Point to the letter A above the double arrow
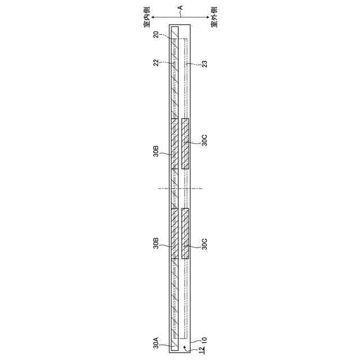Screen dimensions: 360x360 181,7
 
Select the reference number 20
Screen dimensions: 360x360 156,35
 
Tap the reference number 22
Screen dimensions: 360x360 156,62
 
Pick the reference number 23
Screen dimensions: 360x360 204,64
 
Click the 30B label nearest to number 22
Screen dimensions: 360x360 156,151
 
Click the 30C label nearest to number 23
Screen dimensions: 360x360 204,140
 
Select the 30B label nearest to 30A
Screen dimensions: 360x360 156,244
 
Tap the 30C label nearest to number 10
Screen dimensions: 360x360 204,244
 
